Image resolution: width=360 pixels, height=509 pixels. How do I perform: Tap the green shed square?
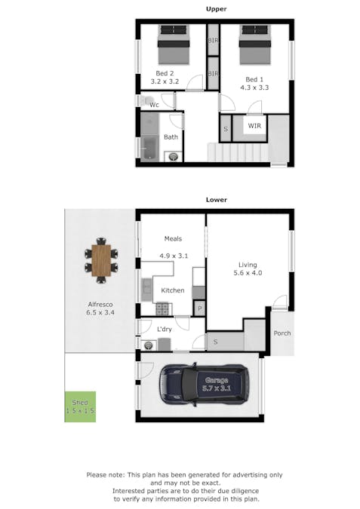coord(80,406)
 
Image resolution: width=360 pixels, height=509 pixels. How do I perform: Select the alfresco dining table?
coord(100,261)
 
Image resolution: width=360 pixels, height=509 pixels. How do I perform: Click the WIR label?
coord(254,126)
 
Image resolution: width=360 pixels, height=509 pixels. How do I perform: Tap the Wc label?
coord(154,105)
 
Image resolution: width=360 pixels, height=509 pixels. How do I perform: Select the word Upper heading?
coord(217,9)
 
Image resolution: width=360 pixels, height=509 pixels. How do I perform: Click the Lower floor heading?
coord(217,200)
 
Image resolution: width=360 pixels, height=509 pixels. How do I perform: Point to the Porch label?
coord(282,333)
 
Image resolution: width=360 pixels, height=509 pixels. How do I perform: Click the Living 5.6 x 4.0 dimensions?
coord(248,274)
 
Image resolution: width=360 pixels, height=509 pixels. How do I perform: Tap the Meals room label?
coord(173,238)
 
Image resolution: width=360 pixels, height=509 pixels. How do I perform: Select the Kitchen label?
coord(173,290)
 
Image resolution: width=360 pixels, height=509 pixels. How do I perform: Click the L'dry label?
coord(165,330)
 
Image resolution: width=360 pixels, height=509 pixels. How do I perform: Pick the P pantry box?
coord(200,308)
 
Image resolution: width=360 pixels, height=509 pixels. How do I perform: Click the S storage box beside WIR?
coord(226,130)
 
